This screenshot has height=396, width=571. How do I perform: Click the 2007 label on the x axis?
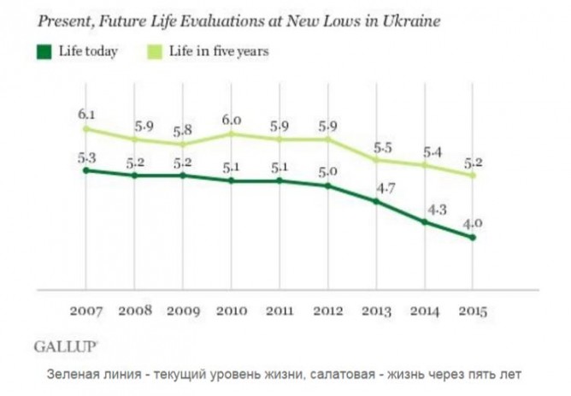pyautogui.click(x=85, y=311)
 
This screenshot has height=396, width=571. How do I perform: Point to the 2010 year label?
pyautogui.click(x=232, y=311)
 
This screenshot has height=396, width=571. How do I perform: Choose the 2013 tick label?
pyautogui.click(x=377, y=311)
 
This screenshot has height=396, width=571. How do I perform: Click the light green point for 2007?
pyautogui.click(x=85, y=128)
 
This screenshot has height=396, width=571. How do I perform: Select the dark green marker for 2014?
pyautogui.click(x=425, y=222)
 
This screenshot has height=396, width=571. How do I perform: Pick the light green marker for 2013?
pyautogui.click(x=377, y=159)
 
